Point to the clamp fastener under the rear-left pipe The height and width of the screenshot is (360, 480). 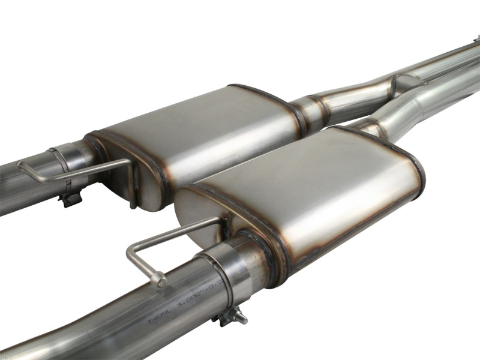point(70,197)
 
